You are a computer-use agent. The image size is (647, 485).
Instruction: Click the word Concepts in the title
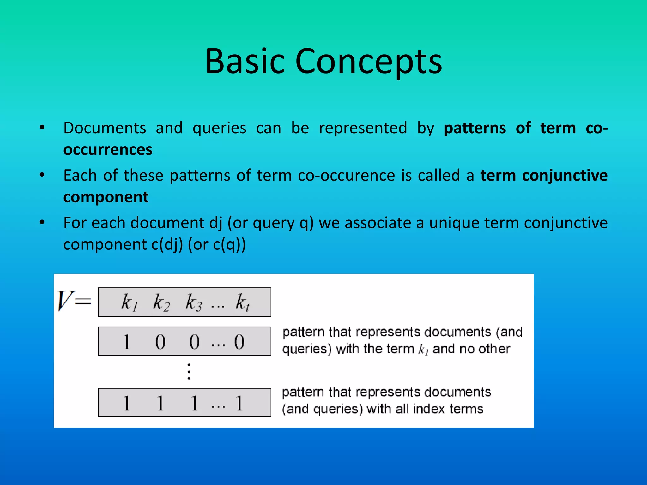[368, 62]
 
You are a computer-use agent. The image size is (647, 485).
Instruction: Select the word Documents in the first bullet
[105, 128]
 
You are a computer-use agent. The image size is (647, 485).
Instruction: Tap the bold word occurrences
[108, 150]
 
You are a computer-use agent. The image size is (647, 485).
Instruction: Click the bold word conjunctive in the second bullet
[565, 176]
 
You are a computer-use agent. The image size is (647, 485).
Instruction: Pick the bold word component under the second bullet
[106, 197]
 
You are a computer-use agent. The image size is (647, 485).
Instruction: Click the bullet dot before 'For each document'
[42, 222]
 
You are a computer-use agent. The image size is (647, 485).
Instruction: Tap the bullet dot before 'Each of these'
[42, 175]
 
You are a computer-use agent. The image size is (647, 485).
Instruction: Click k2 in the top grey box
[161, 302]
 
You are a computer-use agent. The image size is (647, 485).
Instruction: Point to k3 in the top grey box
[193, 302]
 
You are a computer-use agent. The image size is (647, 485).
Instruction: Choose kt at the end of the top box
[242, 302]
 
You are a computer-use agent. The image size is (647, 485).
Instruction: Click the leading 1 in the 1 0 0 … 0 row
[126, 342]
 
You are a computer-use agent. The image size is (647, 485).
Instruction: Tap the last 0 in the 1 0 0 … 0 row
[239, 342]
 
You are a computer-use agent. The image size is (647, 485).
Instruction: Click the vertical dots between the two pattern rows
[189, 372]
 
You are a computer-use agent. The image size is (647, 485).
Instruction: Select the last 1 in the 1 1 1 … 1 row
[239, 403]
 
